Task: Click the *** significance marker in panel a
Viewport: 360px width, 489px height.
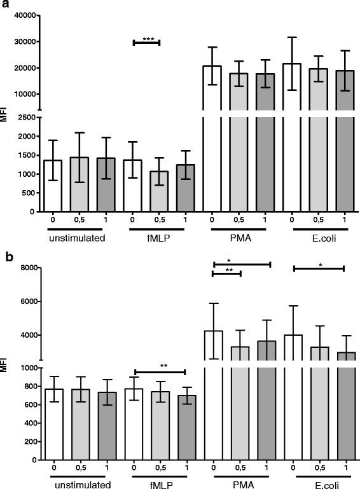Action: point(148,39)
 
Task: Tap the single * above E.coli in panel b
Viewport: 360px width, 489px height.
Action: point(320,263)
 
